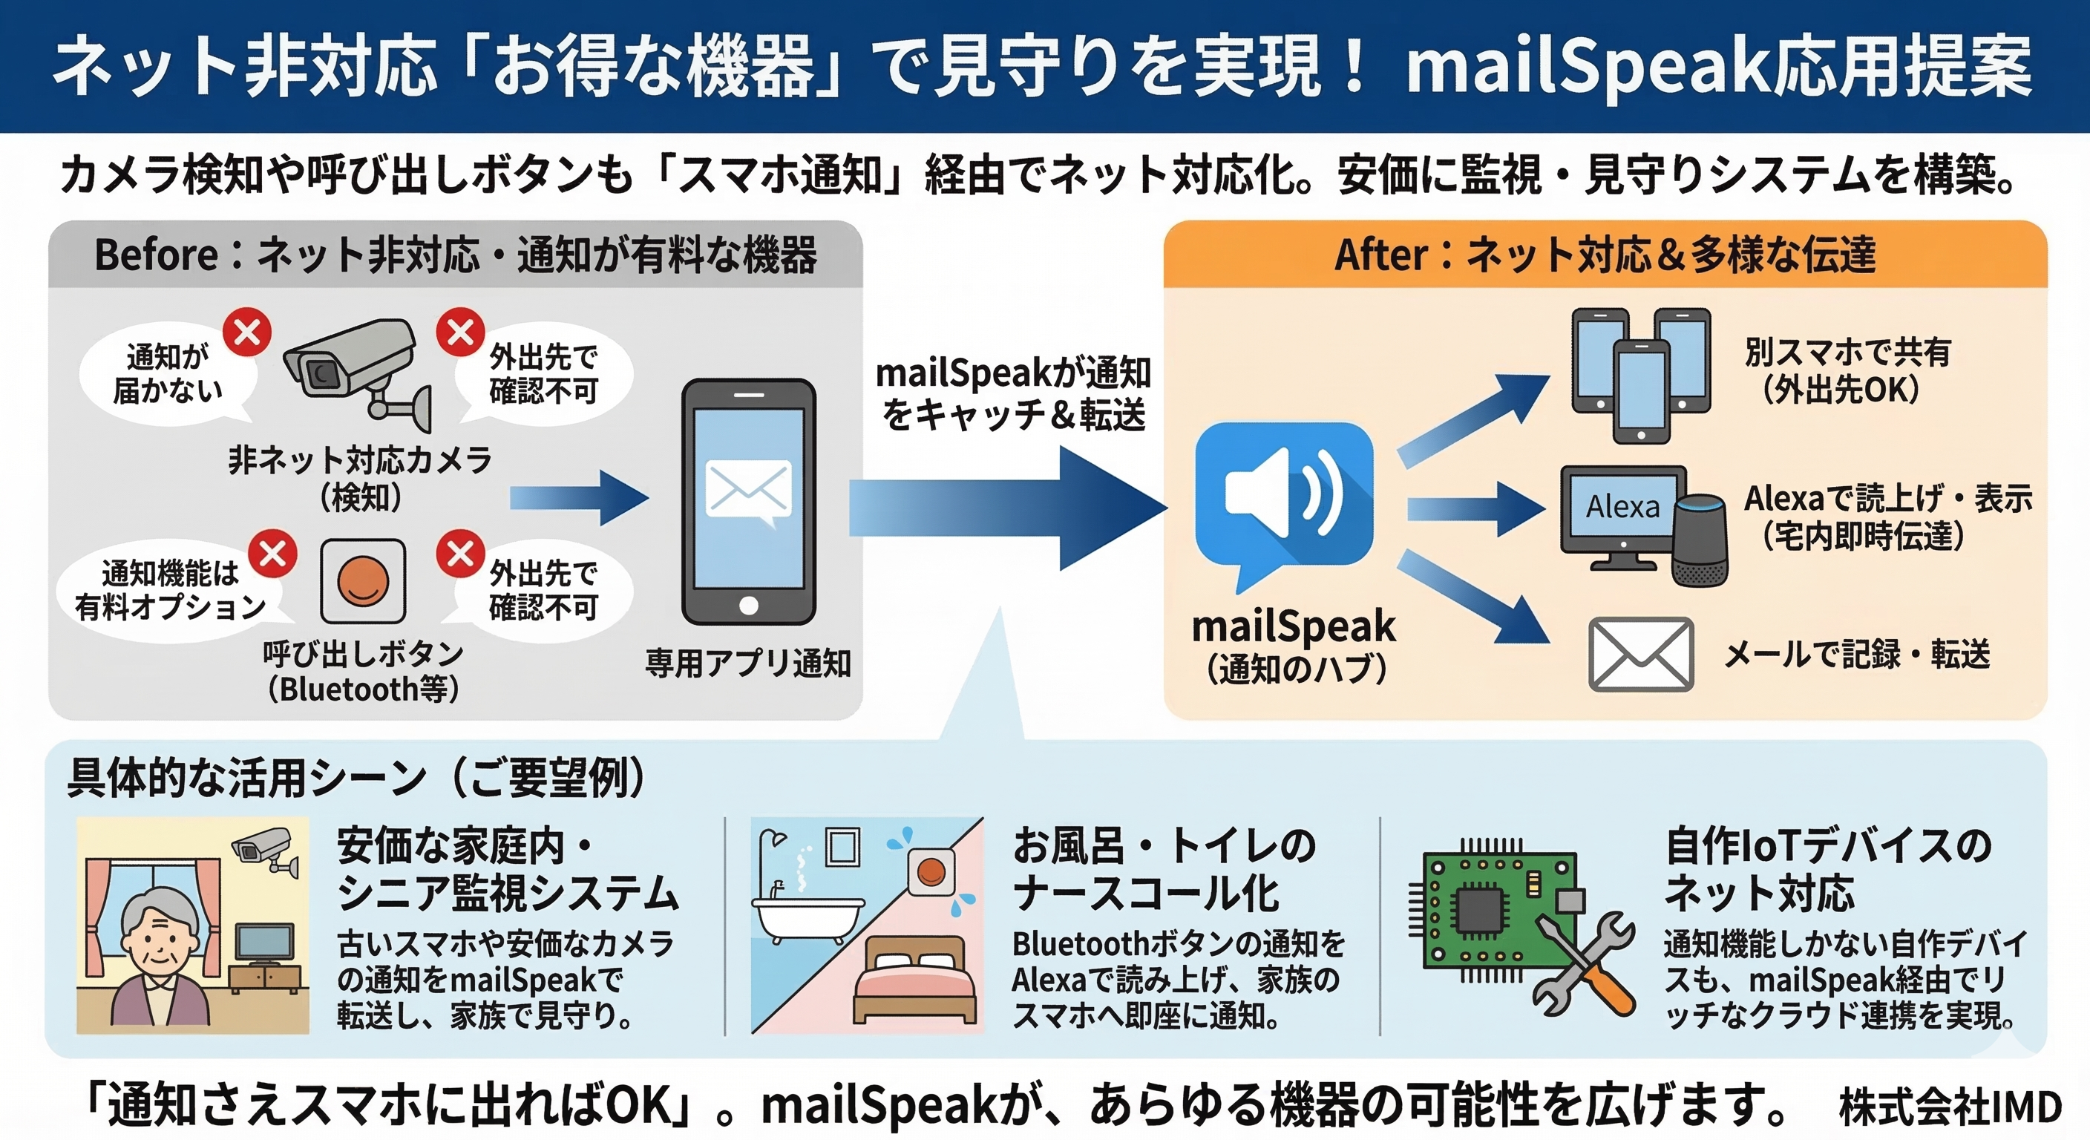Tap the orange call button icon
click(363, 581)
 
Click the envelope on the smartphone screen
click(748, 489)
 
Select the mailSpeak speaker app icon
click(1283, 495)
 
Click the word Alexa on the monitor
click(1622, 506)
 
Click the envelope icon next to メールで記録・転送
click(1639, 654)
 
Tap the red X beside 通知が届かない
click(247, 332)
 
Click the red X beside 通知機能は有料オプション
click(272, 554)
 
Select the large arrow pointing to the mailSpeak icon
click(1006, 508)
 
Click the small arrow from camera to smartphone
click(577, 498)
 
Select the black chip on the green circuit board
click(1481, 911)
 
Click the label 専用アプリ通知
click(747, 663)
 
